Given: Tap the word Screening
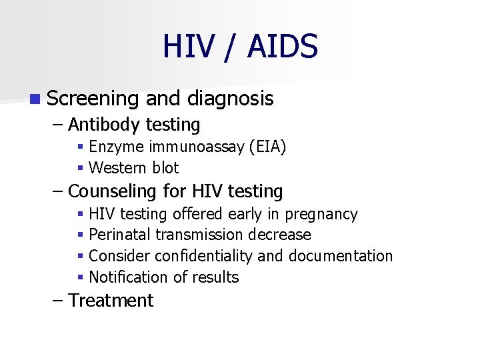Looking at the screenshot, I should (x=93, y=99).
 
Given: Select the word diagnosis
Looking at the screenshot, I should (x=230, y=99).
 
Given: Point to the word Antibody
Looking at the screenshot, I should (x=104, y=125).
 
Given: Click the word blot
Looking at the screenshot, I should (x=164, y=168).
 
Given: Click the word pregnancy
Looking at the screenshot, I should (x=321, y=214).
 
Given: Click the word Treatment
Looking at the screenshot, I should (x=111, y=301).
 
